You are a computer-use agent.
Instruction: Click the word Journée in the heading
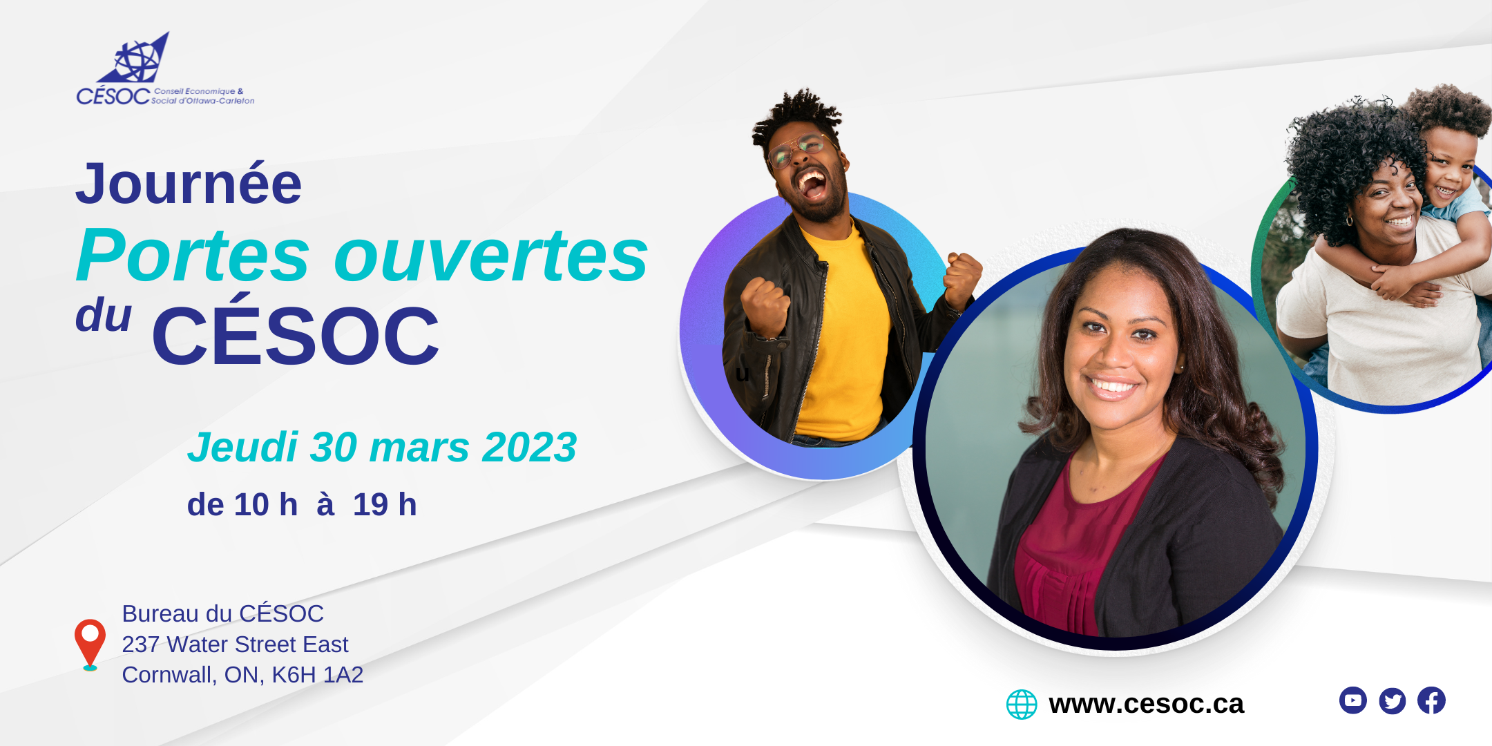click(189, 184)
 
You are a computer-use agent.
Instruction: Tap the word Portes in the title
click(193, 256)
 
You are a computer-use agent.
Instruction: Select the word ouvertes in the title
click(491, 256)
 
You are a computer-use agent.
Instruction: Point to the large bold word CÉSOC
click(296, 334)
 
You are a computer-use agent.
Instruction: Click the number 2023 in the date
click(529, 447)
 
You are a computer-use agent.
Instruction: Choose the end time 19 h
click(385, 504)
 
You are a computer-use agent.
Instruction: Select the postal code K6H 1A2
click(317, 675)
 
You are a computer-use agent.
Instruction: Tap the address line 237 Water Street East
click(235, 644)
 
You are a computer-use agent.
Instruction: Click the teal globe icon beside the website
click(1022, 705)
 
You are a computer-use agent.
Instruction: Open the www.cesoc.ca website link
click(1146, 704)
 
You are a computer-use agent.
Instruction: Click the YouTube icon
click(1352, 700)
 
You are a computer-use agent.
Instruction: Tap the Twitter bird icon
click(1392, 700)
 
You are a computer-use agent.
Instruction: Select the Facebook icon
click(1431, 700)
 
